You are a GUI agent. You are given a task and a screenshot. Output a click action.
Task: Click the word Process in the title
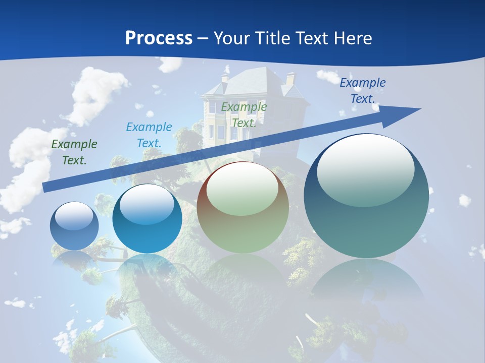(x=159, y=38)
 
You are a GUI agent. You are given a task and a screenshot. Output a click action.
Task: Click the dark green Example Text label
(x=74, y=152)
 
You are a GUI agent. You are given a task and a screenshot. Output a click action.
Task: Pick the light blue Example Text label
(x=149, y=135)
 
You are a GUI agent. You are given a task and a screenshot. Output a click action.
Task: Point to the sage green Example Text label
(x=244, y=115)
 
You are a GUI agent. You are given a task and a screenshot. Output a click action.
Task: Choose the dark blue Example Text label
(x=363, y=91)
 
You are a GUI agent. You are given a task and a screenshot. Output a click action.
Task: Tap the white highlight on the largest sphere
(x=365, y=169)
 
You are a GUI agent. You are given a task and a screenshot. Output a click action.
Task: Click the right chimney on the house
(x=290, y=79)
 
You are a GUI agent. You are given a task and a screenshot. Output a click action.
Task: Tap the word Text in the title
(x=310, y=38)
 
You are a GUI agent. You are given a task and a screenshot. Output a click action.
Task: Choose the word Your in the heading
(x=232, y=38)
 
